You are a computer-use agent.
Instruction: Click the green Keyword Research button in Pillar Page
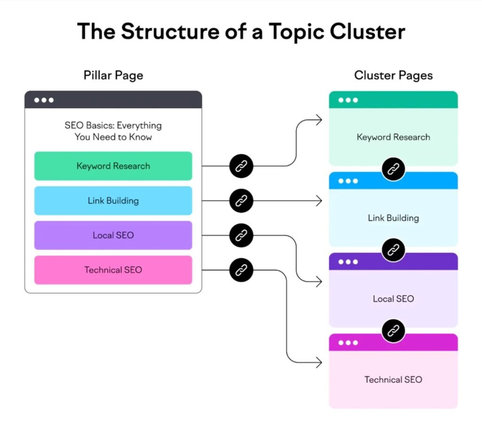113,166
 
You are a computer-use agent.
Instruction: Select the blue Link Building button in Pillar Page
113,201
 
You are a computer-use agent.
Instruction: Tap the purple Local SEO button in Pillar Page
113,235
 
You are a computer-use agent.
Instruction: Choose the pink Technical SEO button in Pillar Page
113,270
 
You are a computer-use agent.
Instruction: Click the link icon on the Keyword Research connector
241,166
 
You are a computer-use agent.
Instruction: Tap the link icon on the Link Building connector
241,201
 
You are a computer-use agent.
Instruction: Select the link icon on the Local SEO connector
241,235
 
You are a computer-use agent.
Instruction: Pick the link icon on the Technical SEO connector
241,270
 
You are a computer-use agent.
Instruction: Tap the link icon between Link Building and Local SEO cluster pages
393,250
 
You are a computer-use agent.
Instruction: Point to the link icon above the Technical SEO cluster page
393,331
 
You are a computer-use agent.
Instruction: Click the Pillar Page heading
113,75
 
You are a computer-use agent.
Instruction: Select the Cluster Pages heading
393,75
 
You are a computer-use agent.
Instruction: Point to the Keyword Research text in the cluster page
393,137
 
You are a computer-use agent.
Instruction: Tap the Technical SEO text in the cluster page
393,380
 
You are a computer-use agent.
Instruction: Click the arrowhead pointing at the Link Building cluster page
319,201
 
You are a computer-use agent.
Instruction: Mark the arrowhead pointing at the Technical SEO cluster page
319,363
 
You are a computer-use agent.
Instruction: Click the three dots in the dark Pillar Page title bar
44,100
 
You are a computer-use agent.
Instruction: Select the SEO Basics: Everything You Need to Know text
113,131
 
